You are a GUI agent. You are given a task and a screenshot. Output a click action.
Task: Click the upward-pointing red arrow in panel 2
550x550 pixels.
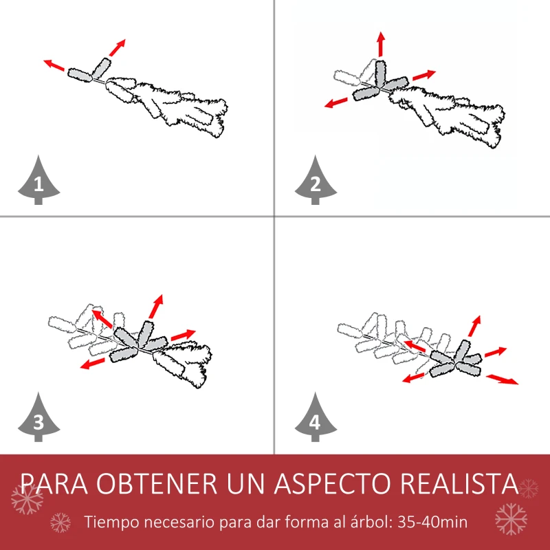[379, 45]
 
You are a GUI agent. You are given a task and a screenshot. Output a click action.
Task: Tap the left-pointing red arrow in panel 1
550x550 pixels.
[54, 65]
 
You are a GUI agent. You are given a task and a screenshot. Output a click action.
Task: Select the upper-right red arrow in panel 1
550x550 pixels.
[118, 47]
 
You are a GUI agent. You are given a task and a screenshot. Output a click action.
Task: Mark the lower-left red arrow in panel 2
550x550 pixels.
[336, 102]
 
